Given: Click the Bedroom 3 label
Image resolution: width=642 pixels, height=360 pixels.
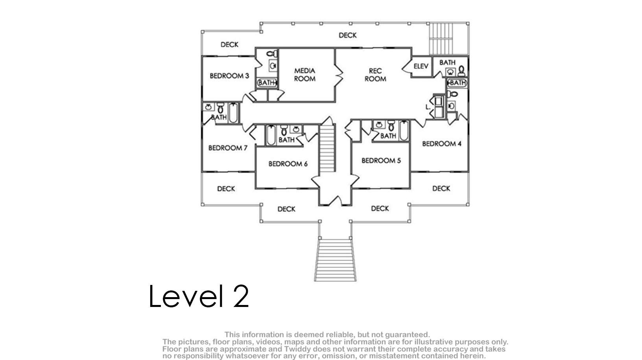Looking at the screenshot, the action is pos(229,76).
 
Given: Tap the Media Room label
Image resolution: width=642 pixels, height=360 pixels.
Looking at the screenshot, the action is pos(304,74).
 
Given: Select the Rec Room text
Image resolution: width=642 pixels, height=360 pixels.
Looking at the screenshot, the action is pos(375,74).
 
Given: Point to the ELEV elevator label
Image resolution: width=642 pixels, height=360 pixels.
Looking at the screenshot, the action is pos(421,66).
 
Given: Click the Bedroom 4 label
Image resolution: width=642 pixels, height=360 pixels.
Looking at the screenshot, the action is pos(442,143).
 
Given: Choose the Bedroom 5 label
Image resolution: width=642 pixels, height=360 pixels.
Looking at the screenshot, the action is pos(381,160).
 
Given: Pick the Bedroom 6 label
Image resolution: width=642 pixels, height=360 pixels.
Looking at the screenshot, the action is pos(288,164).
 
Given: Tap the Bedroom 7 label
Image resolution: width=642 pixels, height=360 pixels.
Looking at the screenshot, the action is pos(227,148).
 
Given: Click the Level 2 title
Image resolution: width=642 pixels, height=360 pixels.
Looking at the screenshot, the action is pos(199,296).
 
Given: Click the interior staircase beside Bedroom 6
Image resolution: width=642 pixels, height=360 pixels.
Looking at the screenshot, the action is pos(327,148).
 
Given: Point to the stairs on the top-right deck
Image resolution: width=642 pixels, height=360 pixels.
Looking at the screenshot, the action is pos(441,39).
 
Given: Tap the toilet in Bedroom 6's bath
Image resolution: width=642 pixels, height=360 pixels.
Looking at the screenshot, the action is pos(284,130).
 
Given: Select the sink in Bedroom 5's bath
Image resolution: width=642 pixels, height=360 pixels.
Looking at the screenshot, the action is pos(379,125).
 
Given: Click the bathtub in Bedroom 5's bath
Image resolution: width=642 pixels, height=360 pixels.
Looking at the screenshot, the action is pos(404,130).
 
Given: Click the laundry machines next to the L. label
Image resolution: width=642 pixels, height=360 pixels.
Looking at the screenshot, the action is pos(439,107).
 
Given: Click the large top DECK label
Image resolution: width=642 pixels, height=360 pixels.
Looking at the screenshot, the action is pos(348,35).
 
